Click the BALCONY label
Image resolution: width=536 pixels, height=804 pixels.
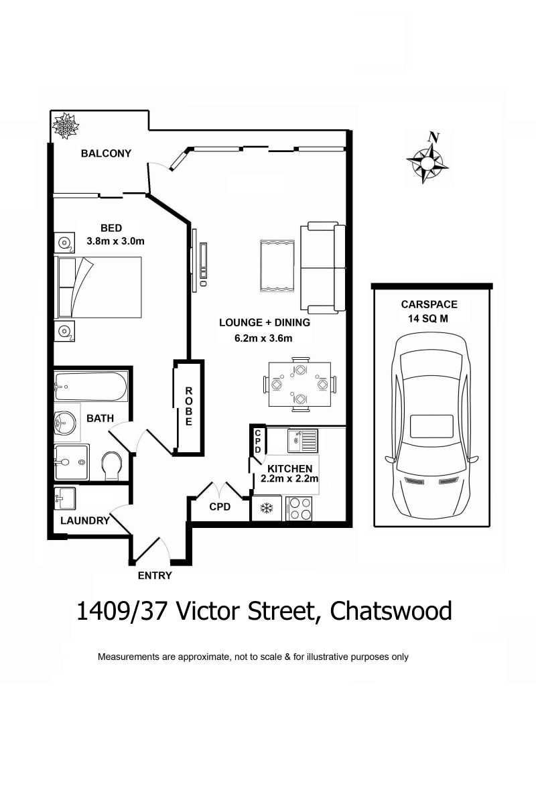coord(106,153)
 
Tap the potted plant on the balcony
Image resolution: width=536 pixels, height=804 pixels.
coord(65,126)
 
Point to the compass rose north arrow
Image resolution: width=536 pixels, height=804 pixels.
coord(427,159)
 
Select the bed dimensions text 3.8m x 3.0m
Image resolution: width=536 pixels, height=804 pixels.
coord(116,241)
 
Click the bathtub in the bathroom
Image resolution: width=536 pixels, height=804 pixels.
coord(90,386)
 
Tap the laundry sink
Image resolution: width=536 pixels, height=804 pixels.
coord(65,498)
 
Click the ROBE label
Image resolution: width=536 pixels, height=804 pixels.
coord(188,406)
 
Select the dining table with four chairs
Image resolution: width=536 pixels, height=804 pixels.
coord(299,384)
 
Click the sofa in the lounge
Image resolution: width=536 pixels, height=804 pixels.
coord(322,268)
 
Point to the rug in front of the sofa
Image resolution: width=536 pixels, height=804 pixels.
coord(277,266)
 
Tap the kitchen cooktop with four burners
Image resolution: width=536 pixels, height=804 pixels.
coord(299,509)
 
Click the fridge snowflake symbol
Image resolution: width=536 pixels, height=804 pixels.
coord(267,508)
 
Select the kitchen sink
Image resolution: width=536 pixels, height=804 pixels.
coord(303,440)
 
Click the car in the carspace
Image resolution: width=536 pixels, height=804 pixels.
coord(431,425)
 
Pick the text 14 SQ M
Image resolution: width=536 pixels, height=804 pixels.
coord(428,319)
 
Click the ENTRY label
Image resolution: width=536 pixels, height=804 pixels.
coord(155,576)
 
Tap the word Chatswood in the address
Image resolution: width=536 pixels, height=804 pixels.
coord(391,611)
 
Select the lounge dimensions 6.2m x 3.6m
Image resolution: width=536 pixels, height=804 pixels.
coord(263,338)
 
